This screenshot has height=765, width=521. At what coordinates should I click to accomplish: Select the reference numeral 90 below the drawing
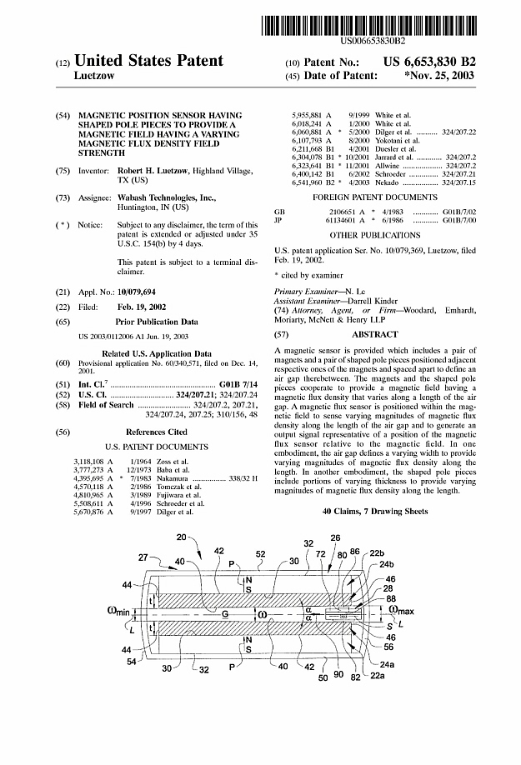(x=338, y=674)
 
